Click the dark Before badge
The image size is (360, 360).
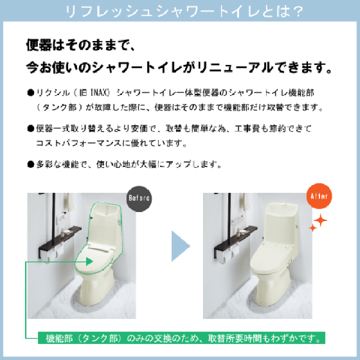[x=138, y=197]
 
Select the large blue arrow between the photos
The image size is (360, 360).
[x=180, y=245]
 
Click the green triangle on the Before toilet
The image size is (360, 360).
[x=90, y=260]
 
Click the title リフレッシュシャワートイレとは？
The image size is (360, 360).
[x=180, y=11]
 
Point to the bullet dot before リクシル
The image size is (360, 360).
[x=30, y=93]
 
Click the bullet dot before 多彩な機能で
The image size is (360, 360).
[x=30, y=163]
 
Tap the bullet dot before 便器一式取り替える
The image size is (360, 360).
[x=30, y=128]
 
